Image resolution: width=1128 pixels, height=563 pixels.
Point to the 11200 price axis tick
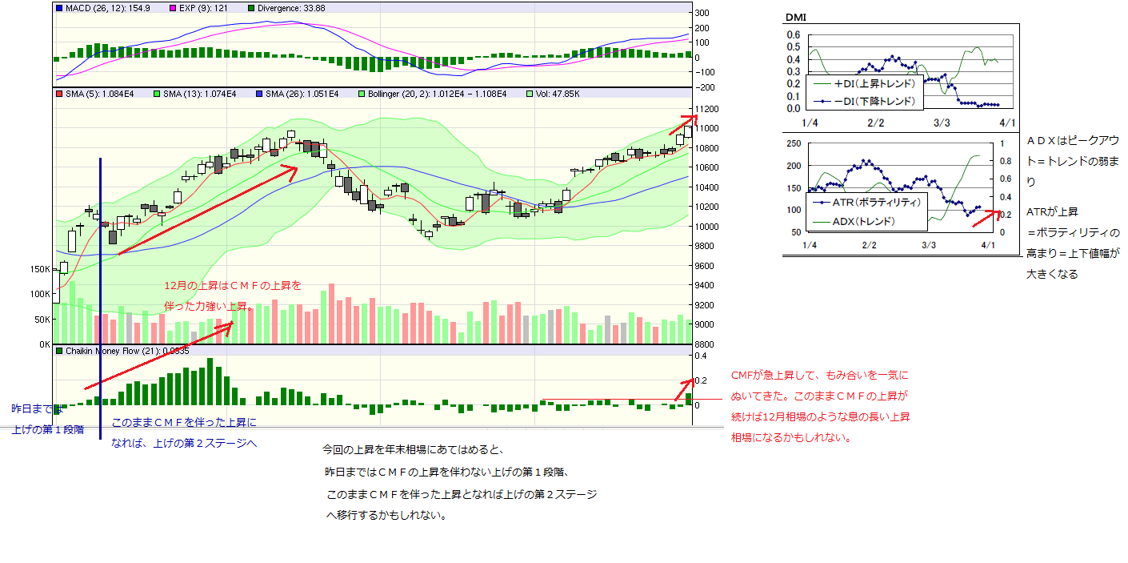(x=707, y=109)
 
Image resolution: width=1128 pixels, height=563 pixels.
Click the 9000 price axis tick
(x=705, y=324)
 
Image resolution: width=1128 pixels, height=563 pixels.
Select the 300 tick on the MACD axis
(x=702, y=13)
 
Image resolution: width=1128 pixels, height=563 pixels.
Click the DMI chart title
(x=795, y=17)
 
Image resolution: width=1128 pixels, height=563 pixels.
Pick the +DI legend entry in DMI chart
(x=866, y=83)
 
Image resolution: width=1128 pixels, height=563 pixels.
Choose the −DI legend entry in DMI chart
(x=866, y=102)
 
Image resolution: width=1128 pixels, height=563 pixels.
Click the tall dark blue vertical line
(x=100, y=296)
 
